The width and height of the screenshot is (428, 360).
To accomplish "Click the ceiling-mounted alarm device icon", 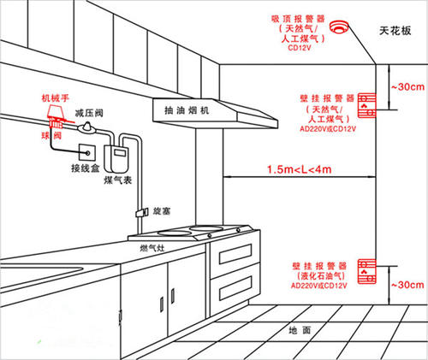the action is [339, 27].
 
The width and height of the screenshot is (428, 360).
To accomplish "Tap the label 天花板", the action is [395, 31].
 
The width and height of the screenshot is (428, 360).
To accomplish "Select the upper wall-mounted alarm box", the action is [367, 105].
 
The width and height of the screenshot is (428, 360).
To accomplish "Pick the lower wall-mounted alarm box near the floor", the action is [367, 271].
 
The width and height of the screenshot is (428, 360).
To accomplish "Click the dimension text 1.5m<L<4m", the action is [300, 169].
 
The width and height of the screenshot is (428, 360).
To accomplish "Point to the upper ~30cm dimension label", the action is [407, 86].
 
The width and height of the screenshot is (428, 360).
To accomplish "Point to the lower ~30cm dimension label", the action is [407, 285].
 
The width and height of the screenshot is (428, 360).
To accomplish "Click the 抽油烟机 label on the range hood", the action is [187, 110].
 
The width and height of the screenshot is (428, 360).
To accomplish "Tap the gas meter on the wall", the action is [116, 158].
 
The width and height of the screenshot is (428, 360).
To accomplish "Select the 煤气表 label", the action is [118, 180].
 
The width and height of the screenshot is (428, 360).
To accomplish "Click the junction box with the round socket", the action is [86, 152].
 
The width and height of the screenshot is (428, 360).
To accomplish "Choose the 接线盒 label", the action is [85, 168].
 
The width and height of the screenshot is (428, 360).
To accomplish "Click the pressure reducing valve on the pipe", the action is [87, 127].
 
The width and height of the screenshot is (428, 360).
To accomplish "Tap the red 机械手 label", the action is [56, 98].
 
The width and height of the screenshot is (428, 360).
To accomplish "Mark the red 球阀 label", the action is [51, 135].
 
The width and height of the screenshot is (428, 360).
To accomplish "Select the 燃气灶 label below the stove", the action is [152, 248].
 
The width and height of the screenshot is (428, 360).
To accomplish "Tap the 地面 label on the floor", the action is [300, 330].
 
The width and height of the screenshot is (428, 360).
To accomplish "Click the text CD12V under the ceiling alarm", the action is [300, 48].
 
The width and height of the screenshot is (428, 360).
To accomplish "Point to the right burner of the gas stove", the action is [206, 228].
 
